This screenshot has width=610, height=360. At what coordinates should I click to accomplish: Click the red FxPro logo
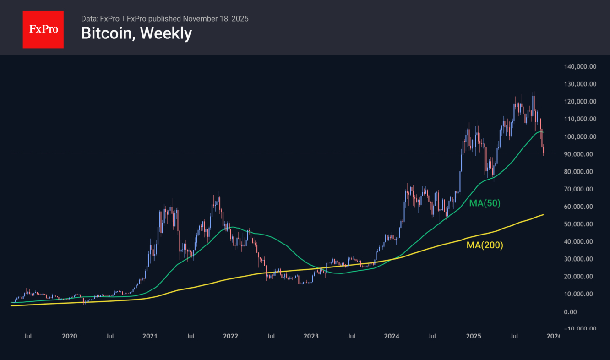click(x=43, y=29)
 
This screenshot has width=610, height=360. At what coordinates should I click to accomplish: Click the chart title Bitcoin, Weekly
click(x=136, y=33)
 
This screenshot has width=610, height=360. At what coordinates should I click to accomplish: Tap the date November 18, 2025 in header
click(x=216, y=19)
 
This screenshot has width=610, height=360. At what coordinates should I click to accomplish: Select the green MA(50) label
click(x=485, y=203)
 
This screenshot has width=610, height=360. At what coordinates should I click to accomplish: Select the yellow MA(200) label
click(x=485, y=245)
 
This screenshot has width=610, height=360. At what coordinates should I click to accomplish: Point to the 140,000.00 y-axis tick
click(x=580, y=66)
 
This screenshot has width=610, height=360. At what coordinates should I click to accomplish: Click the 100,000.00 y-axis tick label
click(x=580, y=136)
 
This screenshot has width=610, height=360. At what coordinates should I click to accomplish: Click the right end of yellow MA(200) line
click(x=543, y=214)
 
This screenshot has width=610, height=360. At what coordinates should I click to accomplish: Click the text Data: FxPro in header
click(x=100, y=19)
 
